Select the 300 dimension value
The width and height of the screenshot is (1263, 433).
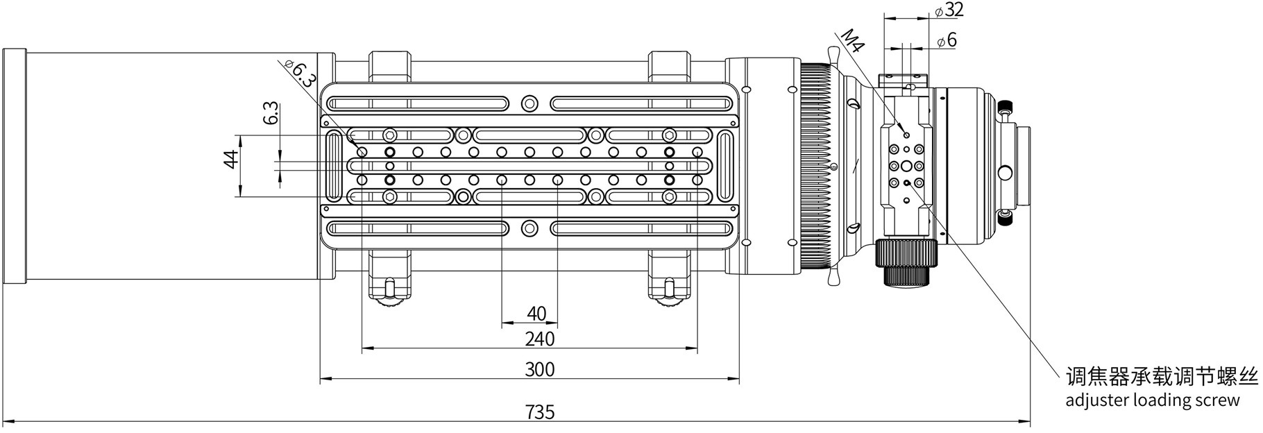point(540,368)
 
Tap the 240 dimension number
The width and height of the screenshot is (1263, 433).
point(540,339)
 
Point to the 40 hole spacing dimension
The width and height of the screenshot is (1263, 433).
point(536,314)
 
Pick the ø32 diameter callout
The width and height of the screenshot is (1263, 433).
point(949,10)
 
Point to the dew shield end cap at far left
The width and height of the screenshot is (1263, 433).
point(14,167)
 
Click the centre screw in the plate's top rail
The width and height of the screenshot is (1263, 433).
point(529,103)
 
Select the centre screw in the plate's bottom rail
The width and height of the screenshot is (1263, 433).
point(529,227)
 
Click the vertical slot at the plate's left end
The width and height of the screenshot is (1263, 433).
point(334,166)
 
